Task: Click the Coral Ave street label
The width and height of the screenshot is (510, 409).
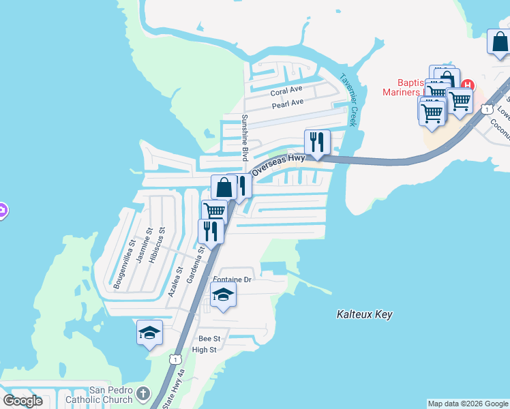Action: [286, 90]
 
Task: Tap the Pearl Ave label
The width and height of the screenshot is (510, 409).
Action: [287, 104]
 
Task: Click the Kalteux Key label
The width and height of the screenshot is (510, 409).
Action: [365, 314]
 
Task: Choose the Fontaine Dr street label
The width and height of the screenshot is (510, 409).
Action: [232, 279]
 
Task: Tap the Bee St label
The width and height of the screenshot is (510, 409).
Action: [209, 338]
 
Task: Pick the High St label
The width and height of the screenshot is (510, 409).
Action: [204, 350]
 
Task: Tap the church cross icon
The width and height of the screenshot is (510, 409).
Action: [142, 393]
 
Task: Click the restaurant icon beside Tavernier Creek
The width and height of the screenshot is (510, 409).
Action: [317, 142]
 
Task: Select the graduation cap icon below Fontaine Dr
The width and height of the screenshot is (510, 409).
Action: [223, 295]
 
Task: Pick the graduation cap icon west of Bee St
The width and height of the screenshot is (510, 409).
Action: [149, 332]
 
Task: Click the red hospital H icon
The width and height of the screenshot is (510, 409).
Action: [468, 85]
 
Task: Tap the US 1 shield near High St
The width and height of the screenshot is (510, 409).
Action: [177, 359]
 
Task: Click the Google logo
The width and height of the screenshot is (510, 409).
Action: [22, 401]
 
